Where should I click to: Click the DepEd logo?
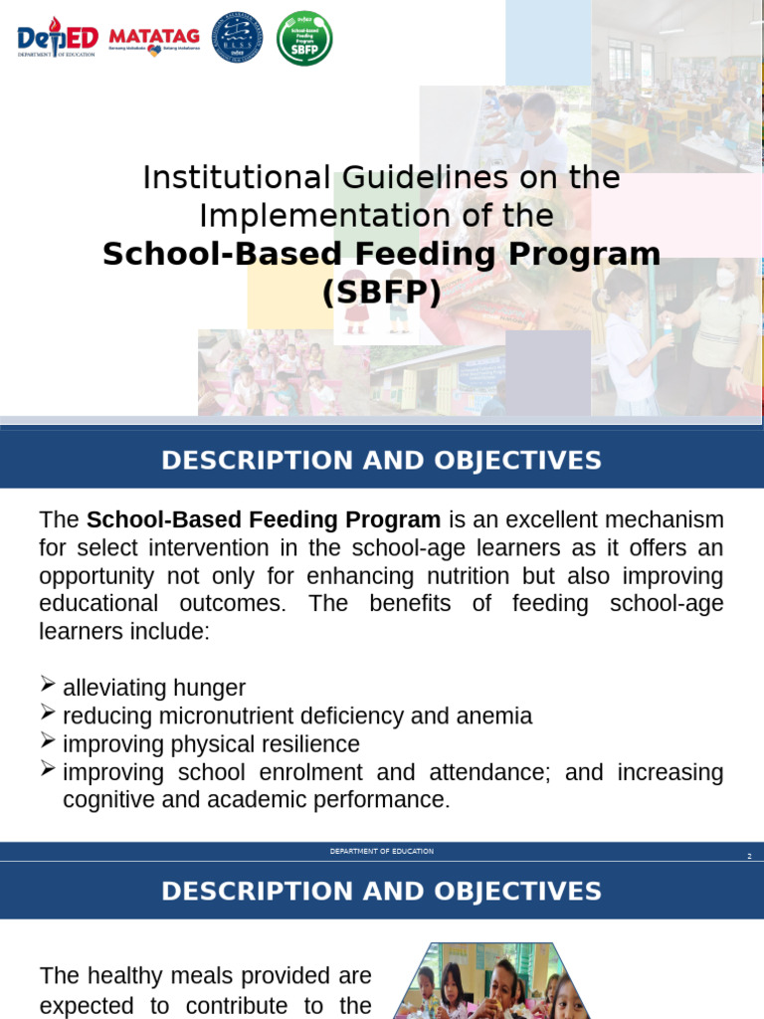(58, 39)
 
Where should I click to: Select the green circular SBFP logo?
(304, 39)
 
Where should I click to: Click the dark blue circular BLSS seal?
(238, 39)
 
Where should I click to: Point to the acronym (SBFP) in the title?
(381, 293)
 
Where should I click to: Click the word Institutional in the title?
(236, 178)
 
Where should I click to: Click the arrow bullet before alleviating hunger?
(48, 685)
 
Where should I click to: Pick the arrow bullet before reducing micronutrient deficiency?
(48, 713)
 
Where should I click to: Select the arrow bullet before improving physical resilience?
(48, 740)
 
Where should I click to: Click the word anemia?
(495, 716)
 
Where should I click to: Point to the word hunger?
(209, 689)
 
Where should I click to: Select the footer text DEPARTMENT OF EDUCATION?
(382, 852)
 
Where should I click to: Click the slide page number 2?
(749, 856)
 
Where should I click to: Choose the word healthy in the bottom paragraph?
(126, 976)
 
